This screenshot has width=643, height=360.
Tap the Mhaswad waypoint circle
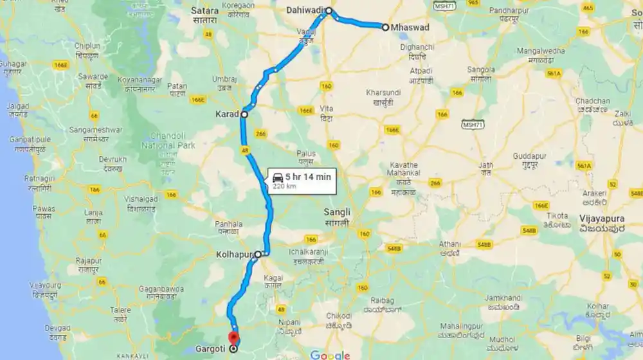385,27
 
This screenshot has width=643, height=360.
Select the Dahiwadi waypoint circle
329,10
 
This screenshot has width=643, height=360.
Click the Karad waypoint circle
244,114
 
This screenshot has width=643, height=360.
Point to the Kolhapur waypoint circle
258,255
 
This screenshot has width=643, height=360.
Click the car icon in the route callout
277,177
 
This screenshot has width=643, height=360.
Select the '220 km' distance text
284,186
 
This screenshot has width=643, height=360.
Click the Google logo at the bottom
329,355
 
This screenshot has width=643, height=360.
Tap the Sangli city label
337,212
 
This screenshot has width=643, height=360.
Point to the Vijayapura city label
602,218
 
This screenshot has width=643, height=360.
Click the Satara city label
206,10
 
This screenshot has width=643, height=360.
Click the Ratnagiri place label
39,179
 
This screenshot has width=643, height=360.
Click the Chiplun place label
87,46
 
